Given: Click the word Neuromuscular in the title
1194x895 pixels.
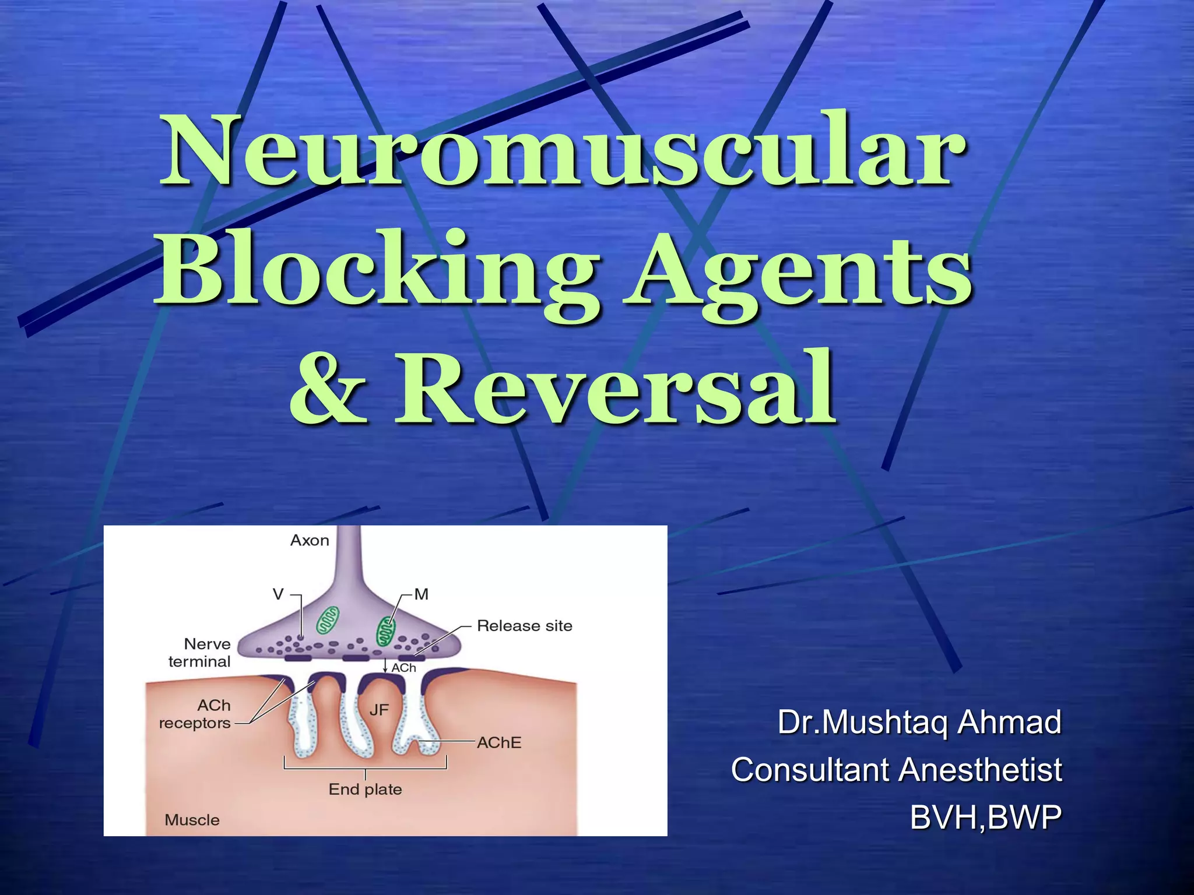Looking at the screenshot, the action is pyautogui.click(x=562, y=150).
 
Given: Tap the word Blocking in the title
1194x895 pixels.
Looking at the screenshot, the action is pyautogui.click(x=377, y=269).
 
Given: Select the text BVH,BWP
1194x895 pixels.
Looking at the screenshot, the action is pyautogui.click(x=985, y=817).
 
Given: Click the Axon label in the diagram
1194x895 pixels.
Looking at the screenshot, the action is pyautogui.click(x=310, y=541).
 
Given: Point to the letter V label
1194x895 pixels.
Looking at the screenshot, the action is pyautogui.click(x=278, y=594).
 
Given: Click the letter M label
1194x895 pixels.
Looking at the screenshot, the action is pyautogui.click(x=422, y=594).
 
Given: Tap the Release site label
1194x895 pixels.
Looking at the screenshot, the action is pyautogui.click(x=525, y=626).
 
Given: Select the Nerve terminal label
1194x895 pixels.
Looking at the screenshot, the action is pyautogui.click(x=199, y=653).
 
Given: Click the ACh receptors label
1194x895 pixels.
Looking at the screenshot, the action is pyautogui.click(x=195, y=714).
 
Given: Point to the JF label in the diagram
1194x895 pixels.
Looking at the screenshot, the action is pyautogui.click(x=379, y=710).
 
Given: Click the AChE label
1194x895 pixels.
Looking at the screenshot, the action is pyautogui.click(x=499, y=743).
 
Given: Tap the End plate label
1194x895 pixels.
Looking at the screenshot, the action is pyautogui.click(x=366, y=790).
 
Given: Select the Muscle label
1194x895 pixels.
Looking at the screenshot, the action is pyautogui.click(x=192, y=820).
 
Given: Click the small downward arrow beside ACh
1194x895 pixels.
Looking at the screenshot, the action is pyautogui.click(x=385, y=665).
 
